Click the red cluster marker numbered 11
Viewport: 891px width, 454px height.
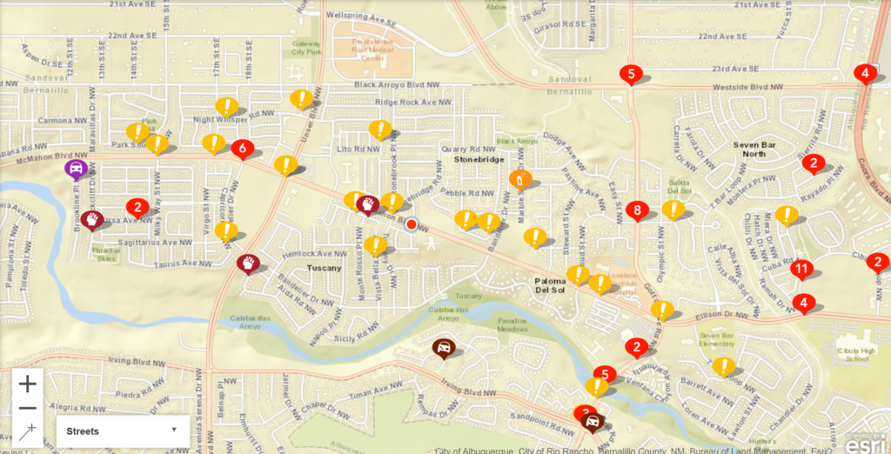pos(801,269)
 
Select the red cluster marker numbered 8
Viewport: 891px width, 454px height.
pos(638,210)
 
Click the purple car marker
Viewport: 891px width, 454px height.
pos(76,168)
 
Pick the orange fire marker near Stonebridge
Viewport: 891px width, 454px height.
pos(519,180)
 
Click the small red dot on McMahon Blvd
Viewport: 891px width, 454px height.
pos(412,224)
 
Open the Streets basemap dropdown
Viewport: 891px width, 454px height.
pos(123,431)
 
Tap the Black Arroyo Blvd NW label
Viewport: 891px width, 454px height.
pos(400,84)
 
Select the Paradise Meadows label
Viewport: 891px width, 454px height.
pos(512,324)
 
